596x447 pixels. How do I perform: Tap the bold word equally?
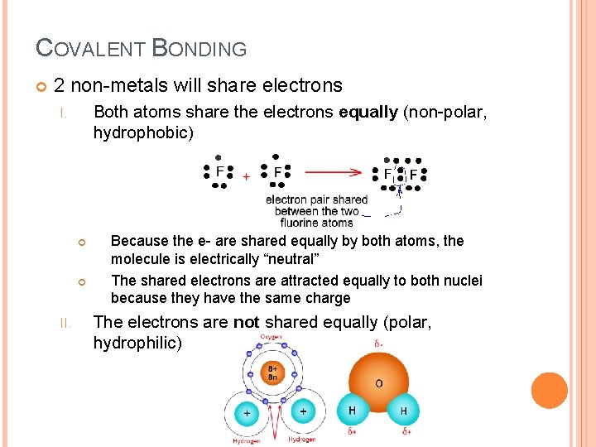(x=368, y=112)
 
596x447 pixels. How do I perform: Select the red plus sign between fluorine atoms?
(x=246, y=176)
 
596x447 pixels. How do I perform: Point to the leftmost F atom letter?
(x=219, y=172)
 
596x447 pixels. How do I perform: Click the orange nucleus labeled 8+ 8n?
(x=272, y=374)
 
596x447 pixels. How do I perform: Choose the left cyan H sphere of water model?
(x=351, y=411)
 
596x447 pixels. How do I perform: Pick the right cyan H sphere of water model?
(x=404, y=411)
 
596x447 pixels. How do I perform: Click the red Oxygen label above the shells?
(x=272, y=338)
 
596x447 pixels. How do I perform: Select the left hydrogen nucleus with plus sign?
(x=246, y=411)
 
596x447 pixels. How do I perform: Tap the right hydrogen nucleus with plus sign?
(x=302, y=411)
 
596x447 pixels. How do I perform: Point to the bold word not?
(x=246, y=322)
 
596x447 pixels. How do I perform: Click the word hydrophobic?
(x=142, y=132)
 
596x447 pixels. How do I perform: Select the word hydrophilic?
(x=135, y=343)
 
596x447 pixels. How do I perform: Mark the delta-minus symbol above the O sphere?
(x=377, y=344)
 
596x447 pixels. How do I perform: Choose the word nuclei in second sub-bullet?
(x=463, y=280)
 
